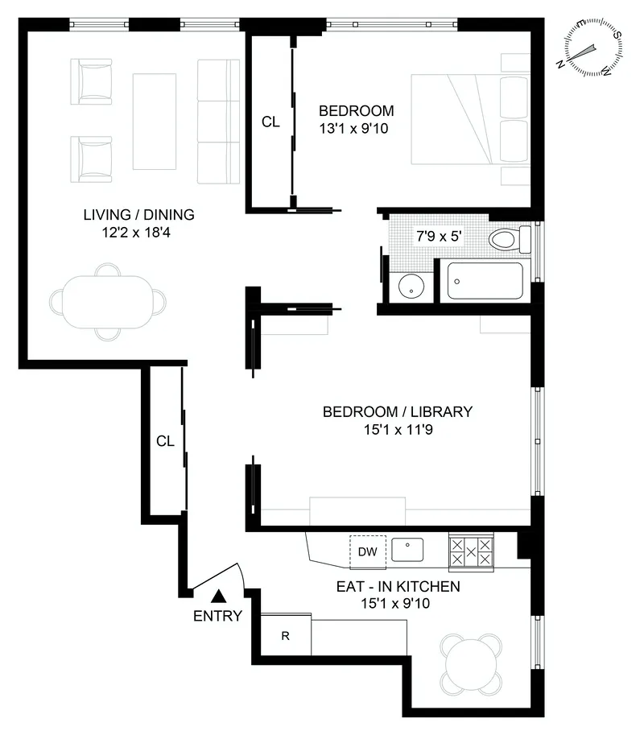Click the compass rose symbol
click(x=594, y=51)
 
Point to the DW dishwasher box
click(x=367, y=551)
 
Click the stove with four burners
click(x=472, y=551)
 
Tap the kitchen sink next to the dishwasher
click(x=408, y=550)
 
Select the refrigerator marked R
click(x=285, y=635)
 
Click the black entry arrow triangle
click(x=217, y=597)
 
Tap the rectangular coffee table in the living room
click(x=154, y=121)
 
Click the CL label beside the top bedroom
click(x=271, y=122)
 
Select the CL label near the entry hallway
click(x=165, y=440)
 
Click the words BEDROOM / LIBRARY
click(x=397, y=411)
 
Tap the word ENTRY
click(x=217, y=617)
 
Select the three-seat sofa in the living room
click(x=219, y=121)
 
